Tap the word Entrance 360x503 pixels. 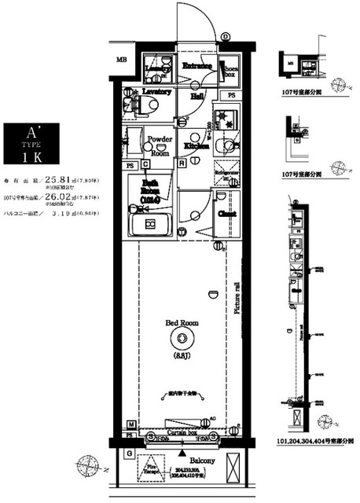tap(197, 67)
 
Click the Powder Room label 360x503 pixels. tap(160, 145)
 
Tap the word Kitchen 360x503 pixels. tap(197, 146)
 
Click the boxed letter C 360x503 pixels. tap(145, 164)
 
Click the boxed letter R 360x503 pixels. tap(182, 164)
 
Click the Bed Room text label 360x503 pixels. tap(181, 322)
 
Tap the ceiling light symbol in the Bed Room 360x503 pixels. tap(183, 339)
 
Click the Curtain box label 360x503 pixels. tap(182, 431)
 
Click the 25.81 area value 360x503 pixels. tap(58, 178)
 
